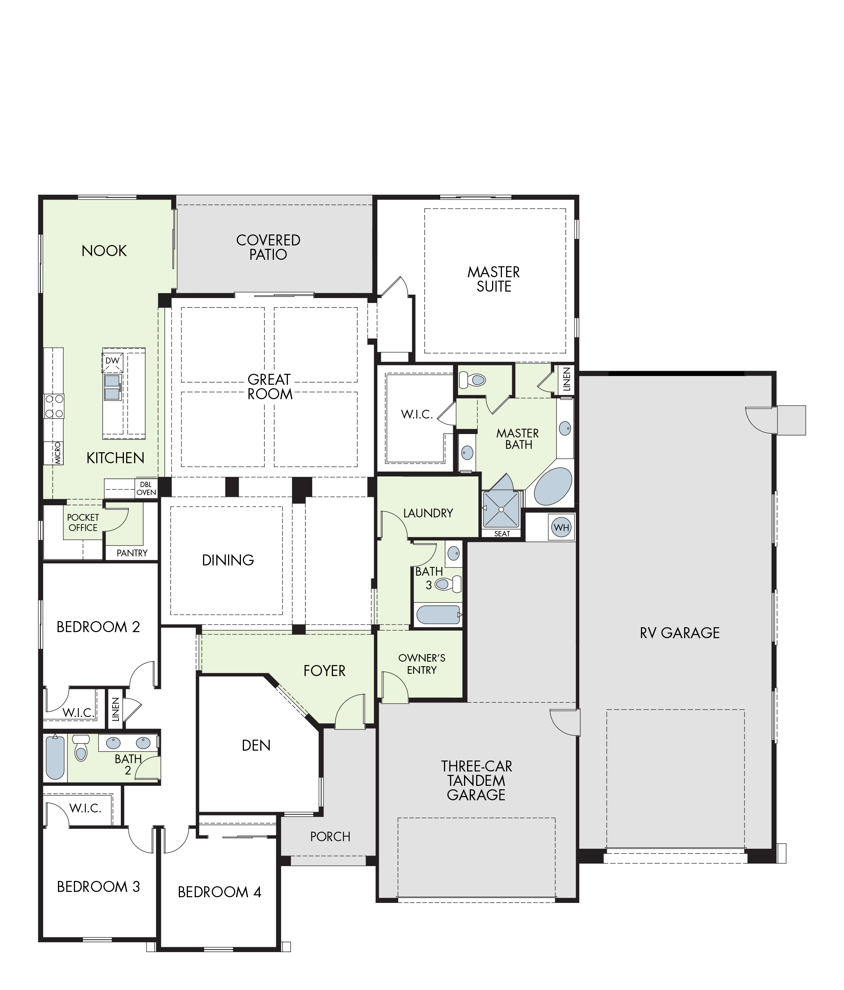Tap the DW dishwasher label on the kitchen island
point(112,361)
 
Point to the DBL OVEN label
point(146,488)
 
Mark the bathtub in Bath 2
point(55,758)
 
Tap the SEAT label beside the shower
point(502,534)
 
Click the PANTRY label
point(132,553)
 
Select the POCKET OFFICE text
point(83,522)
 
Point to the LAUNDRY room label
point(428,513)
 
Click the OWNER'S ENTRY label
point(422,664)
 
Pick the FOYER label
point(324,671)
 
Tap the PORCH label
point(330,837)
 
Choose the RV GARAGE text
point(680,633)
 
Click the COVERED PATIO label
point(268,247)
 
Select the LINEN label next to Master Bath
point(567,379)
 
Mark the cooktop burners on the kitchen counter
point(54,406)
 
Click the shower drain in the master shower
point(501,509)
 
